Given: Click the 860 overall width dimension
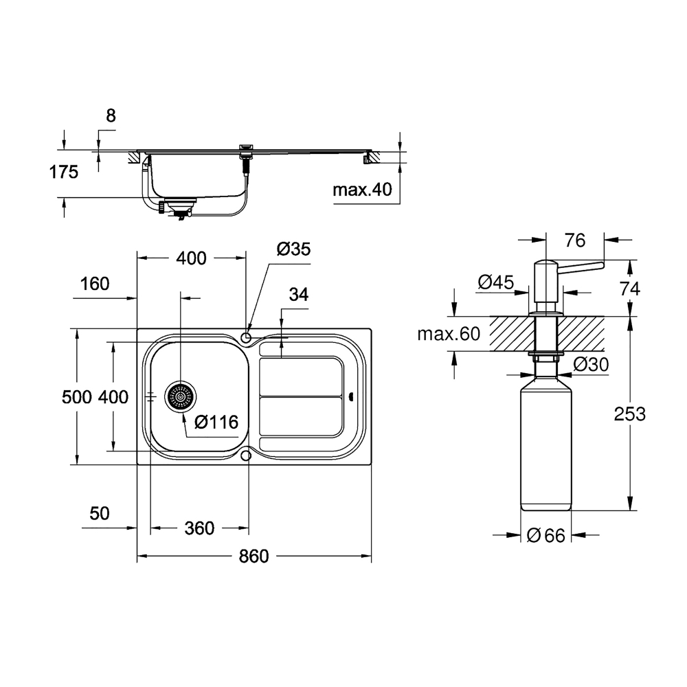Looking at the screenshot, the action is point(254,556).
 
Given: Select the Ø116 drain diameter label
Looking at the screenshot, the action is point(216,422).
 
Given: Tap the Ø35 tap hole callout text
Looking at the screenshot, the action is point(293,249).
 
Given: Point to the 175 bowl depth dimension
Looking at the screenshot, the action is point(63,172).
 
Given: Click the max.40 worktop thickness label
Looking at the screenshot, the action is point(362,190).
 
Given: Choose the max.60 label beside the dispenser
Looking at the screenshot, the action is point(449,335).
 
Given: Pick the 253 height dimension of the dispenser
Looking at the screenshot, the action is point(629,414).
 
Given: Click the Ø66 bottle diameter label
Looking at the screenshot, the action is point(546,535).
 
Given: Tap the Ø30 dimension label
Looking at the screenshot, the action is point(591,365).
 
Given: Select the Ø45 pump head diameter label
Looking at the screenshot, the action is point(496,282).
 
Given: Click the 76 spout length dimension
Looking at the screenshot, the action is point(575,240).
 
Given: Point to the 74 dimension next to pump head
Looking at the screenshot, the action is point(629,289).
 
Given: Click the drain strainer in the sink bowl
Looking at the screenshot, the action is point(180,396).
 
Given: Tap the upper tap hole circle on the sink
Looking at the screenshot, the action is point(246,338).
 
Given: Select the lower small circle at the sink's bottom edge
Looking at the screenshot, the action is point(246,455).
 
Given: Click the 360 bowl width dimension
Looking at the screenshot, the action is point(199,528).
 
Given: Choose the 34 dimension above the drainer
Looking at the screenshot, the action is point(298,295).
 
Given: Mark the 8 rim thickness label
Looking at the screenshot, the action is point(111,115).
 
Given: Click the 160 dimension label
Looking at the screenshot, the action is point(95,284).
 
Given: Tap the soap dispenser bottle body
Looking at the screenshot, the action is point(546,442).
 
